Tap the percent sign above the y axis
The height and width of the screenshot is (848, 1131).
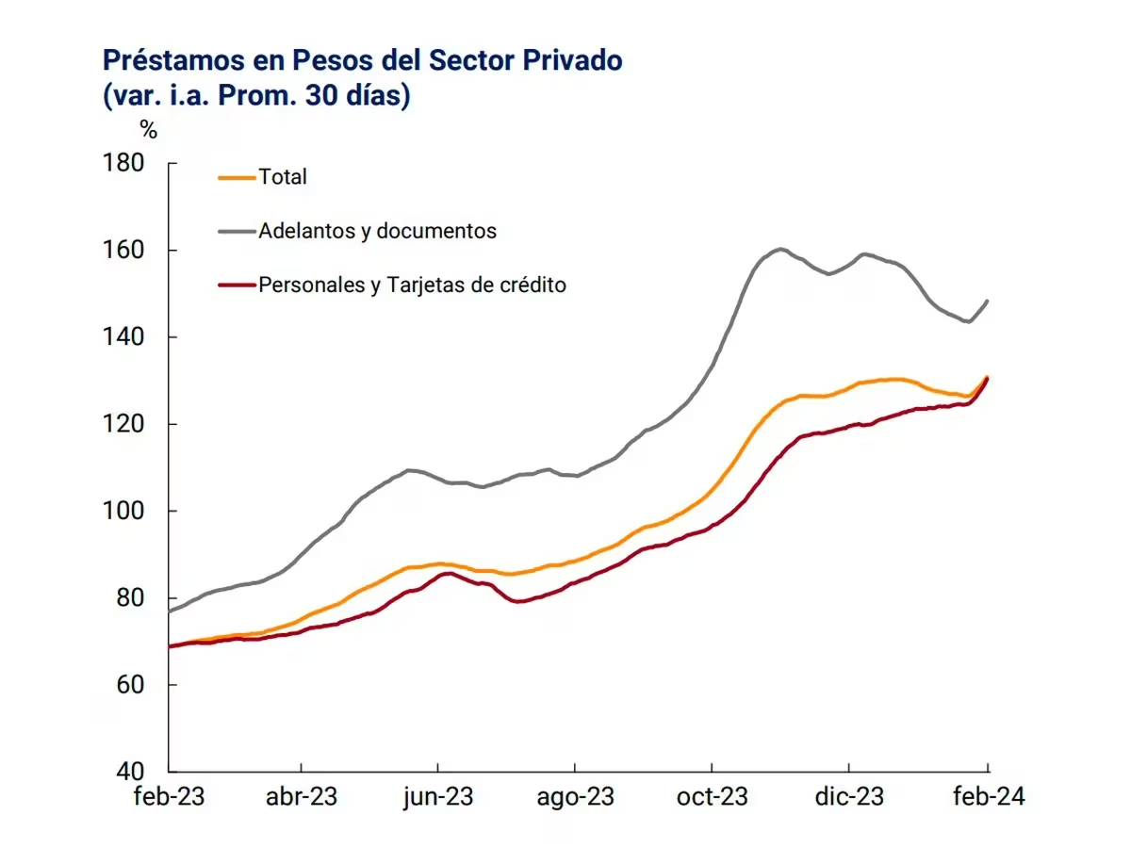148,130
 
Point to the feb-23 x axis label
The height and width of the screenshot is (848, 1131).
169,796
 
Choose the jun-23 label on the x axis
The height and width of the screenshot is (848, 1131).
437,796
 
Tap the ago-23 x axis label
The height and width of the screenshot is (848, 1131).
575,796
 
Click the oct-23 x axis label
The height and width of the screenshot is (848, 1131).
713,796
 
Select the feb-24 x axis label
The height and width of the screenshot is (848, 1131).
988,796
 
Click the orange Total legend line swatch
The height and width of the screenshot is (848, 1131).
236,176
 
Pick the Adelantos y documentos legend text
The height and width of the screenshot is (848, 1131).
377,231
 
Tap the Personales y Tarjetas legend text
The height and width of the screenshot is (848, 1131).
412,285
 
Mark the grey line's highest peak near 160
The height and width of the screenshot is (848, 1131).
781,249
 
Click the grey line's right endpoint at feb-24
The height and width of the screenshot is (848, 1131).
988,301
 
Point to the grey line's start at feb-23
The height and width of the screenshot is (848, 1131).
170,612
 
